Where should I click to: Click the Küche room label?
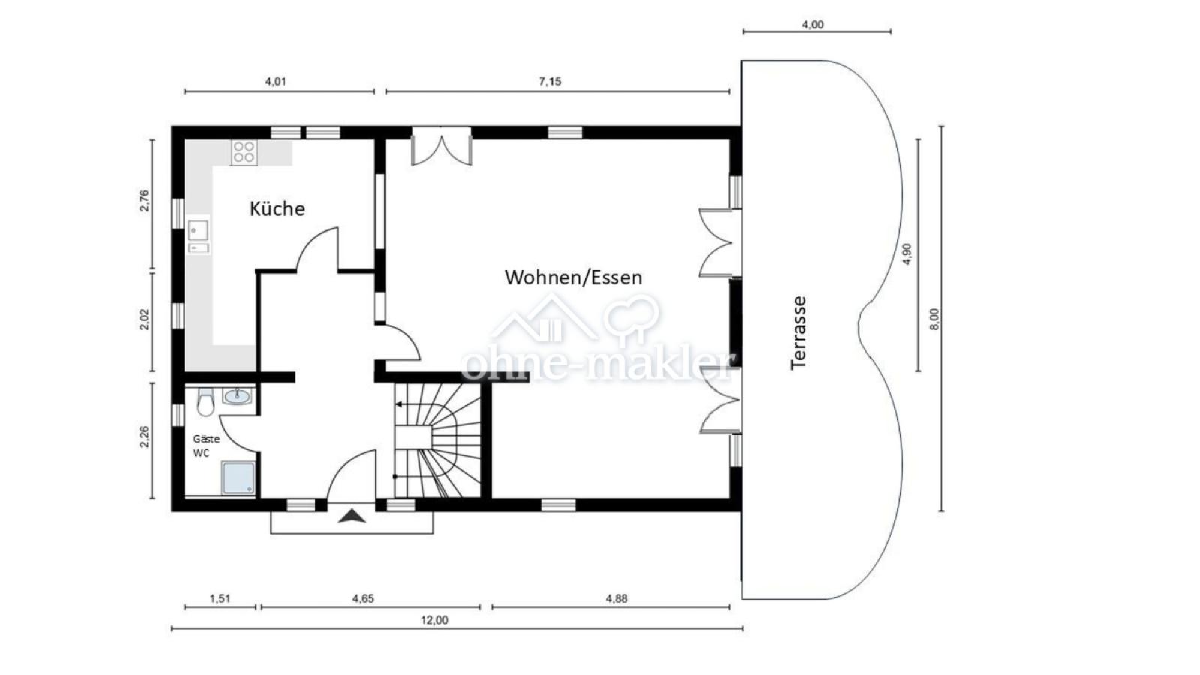click(277, 208)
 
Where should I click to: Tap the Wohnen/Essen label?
click(573, 277)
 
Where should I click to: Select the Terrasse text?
click(799, 332)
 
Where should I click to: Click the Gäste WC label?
click(206, 445)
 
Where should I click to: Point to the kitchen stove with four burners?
click(244, 151)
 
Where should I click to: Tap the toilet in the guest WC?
click(205, 402)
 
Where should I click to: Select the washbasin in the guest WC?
click(237, 397)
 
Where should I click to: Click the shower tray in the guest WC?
click(238, 478)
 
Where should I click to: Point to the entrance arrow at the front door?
click(352, 517)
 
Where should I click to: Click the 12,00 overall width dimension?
click(434, 620)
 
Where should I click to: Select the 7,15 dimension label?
click(550, 82)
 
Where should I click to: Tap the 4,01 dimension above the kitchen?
click(275, 82)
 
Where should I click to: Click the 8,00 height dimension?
click(934, 319)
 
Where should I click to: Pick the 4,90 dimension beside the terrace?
click(907, 254)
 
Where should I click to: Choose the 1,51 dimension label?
click(220, 598)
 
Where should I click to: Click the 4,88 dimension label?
click(616, 598)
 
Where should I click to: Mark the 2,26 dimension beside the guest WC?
click(144, 436)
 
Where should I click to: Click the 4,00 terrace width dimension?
click(813, 25)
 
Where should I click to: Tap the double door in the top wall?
click(442, 145)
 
